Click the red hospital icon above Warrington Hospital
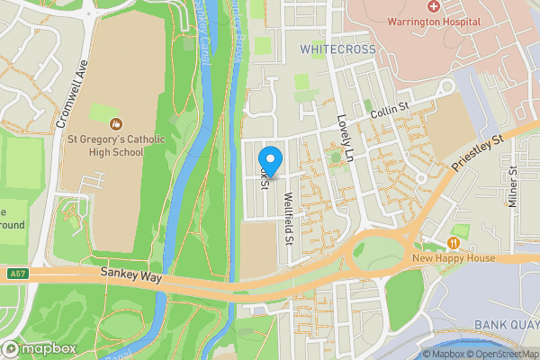point(433,6)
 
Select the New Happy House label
point(455,259)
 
